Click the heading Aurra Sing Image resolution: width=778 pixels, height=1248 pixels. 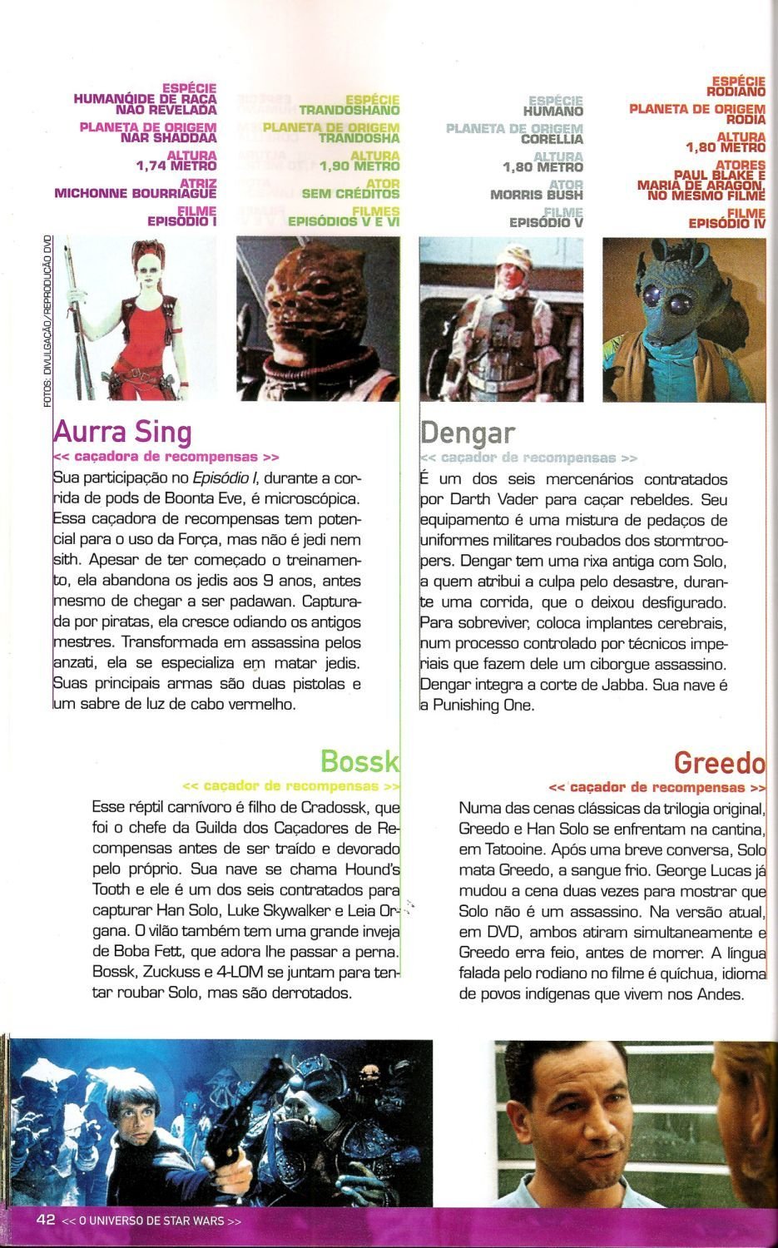[x=122, y=432]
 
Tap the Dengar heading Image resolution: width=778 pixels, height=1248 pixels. [x=468, y=433]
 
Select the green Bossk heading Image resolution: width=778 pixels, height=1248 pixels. [x=359, y=760]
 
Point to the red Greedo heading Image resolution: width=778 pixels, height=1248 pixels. [x=719, y=761]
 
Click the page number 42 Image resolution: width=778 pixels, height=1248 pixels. [x=45, y=1219]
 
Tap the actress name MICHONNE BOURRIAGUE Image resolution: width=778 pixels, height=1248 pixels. [x=135, y=193]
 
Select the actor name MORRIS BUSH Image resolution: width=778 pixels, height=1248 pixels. [x=536, y=195]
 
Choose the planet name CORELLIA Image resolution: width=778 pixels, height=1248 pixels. [x=552, y=139]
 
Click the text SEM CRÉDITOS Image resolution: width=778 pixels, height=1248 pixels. [x=350, y=194]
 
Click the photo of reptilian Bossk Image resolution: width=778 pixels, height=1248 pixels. [x=317, y=318]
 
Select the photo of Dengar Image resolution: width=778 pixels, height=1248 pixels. [x=501, y=318]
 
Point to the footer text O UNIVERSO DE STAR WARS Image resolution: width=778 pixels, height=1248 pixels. [x=151, y=1221]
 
